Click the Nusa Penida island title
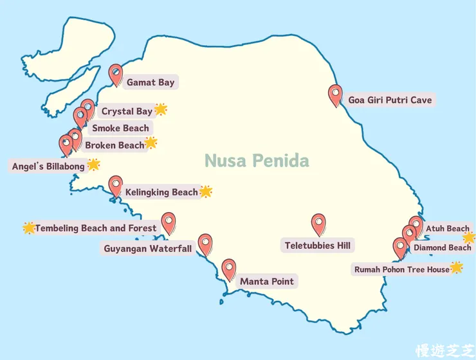point(257,160)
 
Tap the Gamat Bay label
point(150,82)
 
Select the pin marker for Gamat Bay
point(116,74)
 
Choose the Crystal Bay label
point(127,111)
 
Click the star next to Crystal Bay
point(161,109)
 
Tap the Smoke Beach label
point(120,128)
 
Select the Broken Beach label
point(114,145)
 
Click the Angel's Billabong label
point(48,166)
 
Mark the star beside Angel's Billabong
point(93,165)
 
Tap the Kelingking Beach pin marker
point(115,185)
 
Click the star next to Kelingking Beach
point(206,191)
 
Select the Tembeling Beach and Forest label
point(95,228)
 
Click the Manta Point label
point(266,282)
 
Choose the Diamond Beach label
point(442,248)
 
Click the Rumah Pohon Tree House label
point(401,269)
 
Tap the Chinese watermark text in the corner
point(444,348)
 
